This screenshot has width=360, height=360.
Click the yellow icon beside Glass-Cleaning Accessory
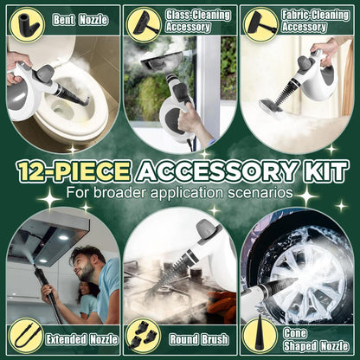pyautogui.click(x=143, y=23)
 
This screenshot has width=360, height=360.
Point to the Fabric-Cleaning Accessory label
pyautogui.click(x=305, y=19)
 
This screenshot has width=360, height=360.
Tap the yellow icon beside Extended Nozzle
pyautogui.click(x=25, y=336)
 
